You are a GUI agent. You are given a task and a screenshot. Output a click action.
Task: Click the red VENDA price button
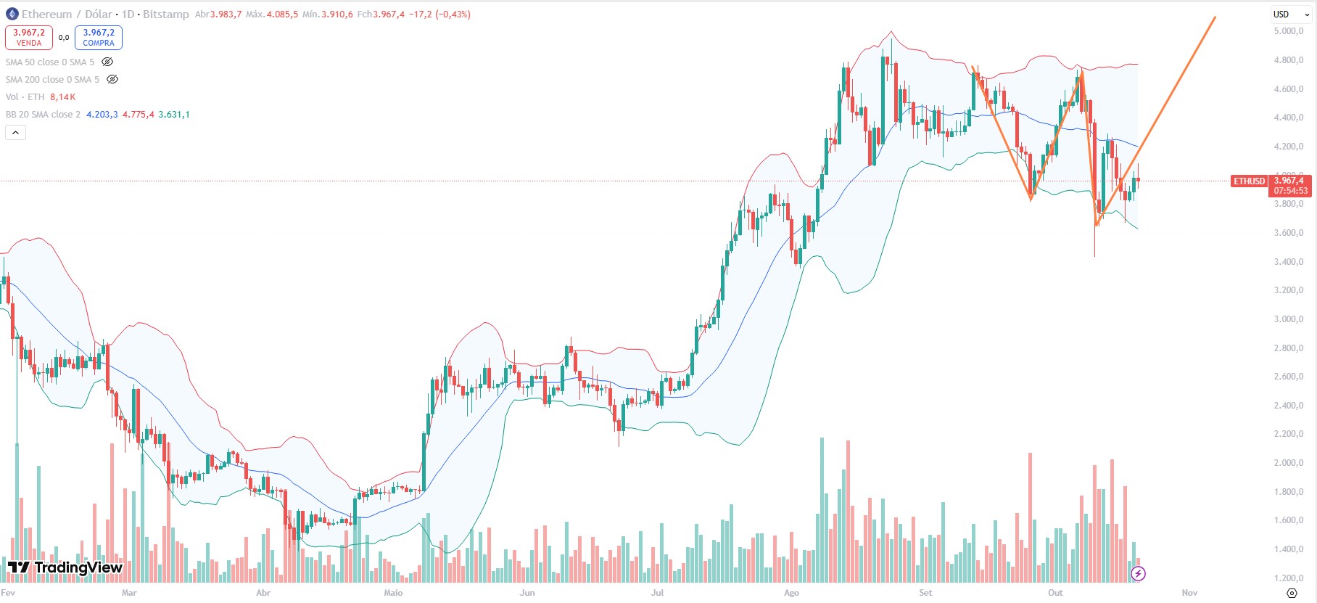pyautogui.click(x=29, y=37)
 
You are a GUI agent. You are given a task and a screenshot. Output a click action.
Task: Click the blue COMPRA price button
pyautogui.click(x=99, y=37)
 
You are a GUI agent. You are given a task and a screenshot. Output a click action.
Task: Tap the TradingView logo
pyautogui.click(x=65, y=567)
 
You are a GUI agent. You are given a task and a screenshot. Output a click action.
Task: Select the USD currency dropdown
pyautogui.click(x=1291, y=14)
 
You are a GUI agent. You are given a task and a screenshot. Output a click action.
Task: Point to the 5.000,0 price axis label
pyautogui.click(x=1288, y=31)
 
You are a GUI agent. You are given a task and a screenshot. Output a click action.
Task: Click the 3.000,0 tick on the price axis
pyautogui.click(x=1288, y=319)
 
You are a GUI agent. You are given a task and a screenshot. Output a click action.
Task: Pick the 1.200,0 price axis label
pyautogui.click(x=1288, y=578)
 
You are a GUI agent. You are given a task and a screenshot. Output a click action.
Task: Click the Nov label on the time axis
pyautogui.click(x=1189, y=593)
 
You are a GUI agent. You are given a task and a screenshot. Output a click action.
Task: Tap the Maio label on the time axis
pyautogui.click(x=393, y=593)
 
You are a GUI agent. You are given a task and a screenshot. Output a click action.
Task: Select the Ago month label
pyautogui.click(x=791, y=593)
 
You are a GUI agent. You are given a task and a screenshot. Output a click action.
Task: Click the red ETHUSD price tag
pyautogui.click(x=1249, y=181)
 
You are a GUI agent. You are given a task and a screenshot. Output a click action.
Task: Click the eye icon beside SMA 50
pyautogui.click(x=107, y=62)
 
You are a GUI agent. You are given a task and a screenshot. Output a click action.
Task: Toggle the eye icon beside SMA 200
pyautogui.click(x=112, y=80)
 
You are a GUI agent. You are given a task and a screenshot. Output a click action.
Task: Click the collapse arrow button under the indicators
pyautogui.click(x=15, y=132)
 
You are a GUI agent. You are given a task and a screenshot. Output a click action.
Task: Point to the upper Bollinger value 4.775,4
pyautogui.click(x=138, y=115)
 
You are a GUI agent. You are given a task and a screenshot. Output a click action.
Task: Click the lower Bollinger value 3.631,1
pyautogui.click(x=174, y=115)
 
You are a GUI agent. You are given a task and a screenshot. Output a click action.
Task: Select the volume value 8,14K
pyautogui.click(x=62, y=97)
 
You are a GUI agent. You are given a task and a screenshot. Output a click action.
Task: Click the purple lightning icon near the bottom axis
pyautogui.click(x=1138, y=574)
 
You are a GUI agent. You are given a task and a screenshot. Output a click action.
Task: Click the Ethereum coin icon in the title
pyautogui.click(x=12, y=14)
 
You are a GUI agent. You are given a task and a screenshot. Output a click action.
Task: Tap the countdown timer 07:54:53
pyautogui.click(x=1291, y=191)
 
